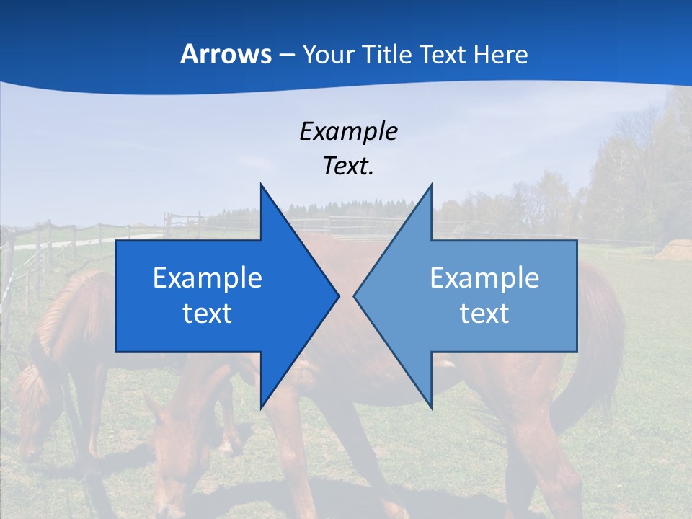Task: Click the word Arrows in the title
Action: point(226,54)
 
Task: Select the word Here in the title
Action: point(500,54)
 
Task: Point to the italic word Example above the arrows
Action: point(348,131)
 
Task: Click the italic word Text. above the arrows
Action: point(348,166)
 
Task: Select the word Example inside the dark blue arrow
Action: point(208,278)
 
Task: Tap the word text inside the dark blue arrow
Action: point(208,313)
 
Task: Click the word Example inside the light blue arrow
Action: point(484,278)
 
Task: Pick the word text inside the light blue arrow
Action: point(484,313)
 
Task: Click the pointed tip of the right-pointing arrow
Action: point(338,296)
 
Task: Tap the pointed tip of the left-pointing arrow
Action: point(355,296)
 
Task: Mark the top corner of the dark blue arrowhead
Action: point(261,185)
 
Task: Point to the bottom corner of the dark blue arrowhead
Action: point(261,407)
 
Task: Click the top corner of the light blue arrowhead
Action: point(431,185)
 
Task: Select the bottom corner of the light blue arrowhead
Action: point(431,407)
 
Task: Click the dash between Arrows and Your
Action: point(286,55)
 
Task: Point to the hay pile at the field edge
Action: point(674,250)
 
